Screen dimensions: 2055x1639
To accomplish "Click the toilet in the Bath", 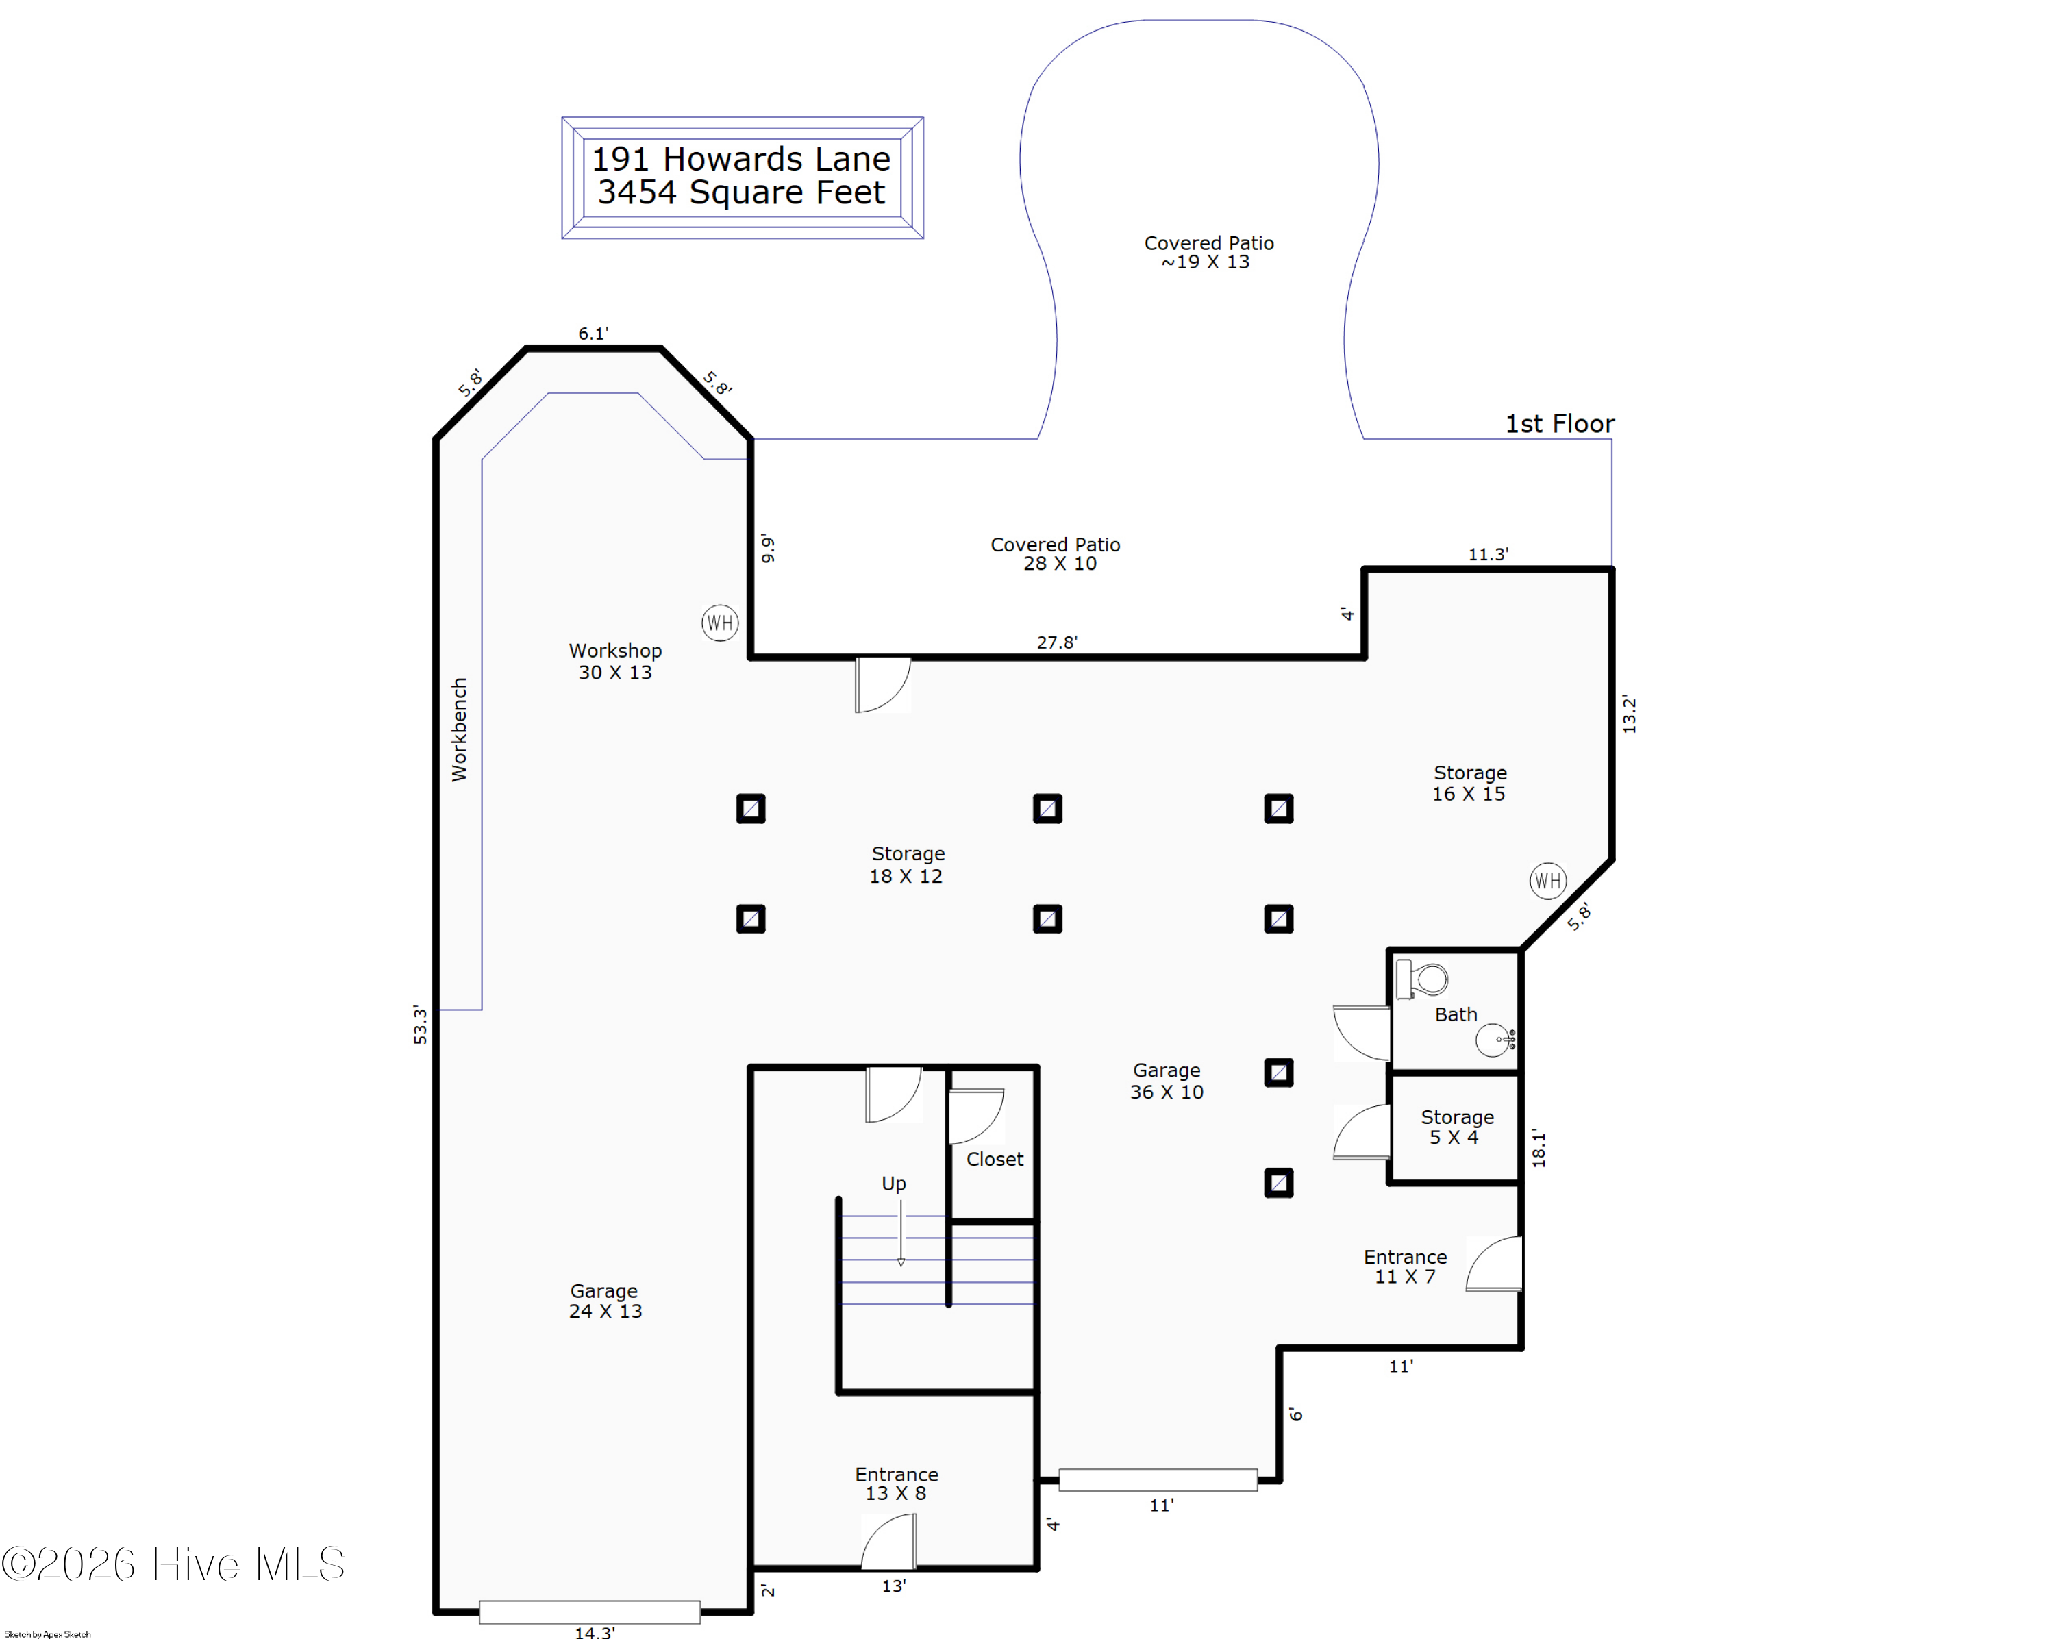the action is click(1421, 979).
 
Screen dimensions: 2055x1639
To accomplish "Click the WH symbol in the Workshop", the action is click(720, 623).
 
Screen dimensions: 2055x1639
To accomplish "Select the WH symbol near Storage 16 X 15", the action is click(1548, 881).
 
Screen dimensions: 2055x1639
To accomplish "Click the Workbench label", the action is click(460, 730).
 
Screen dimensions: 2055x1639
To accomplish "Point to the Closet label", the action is click(994, 1159).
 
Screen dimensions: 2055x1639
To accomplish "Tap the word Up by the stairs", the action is click(893, 1184).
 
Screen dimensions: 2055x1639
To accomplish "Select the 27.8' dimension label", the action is click(1057, 642).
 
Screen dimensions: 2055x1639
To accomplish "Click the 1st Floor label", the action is click(1559, 424).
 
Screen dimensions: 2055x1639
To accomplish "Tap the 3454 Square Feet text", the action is click(742, 192).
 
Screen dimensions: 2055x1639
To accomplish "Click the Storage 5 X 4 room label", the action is click(1456, 1127).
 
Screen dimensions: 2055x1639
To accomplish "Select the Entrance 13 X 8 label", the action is click(896, 1484).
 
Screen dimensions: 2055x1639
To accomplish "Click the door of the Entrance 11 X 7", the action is click(1493, 1264).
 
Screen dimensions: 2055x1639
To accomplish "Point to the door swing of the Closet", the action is click(977, 1116).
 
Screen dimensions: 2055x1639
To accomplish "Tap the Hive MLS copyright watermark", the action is click(173, 1564).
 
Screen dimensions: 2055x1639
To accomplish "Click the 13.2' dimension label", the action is click(1629, 714).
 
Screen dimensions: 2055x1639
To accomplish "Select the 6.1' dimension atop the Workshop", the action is click(593, 334).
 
